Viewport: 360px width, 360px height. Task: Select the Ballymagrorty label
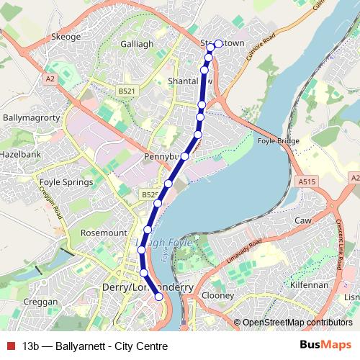[27, 115]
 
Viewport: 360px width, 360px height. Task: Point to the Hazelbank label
[20, 154]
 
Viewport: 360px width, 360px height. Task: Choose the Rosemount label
[103, 233]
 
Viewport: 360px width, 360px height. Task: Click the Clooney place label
[218, 295]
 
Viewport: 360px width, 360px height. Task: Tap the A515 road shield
[307, 182]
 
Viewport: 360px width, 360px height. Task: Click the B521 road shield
[127, 90]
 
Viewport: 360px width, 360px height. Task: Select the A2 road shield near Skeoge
[50, 77]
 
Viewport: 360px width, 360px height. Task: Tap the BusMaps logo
[325, 346]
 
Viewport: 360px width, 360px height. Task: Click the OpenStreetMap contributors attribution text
[297, 323]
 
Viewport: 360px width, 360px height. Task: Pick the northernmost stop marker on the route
[218, 44]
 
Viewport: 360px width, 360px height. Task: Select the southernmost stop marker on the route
[159, 308]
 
